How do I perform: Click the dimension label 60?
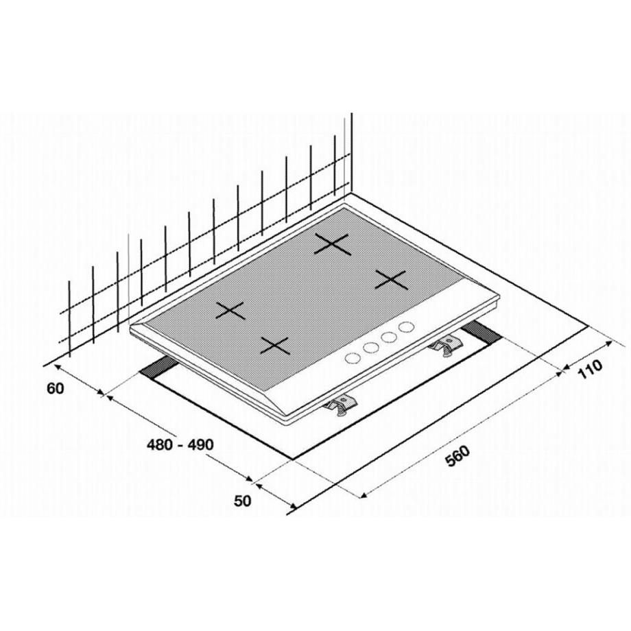point(56,389)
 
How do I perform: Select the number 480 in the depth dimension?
point(160,444)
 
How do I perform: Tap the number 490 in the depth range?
point(200,444)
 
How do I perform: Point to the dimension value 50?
point(242,501)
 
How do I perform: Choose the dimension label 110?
point(591,369)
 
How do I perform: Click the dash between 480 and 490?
point(180,446)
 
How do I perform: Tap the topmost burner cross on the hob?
point(332,245)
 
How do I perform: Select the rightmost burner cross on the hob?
point(391,279)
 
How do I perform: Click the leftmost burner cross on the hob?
point(230,310)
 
